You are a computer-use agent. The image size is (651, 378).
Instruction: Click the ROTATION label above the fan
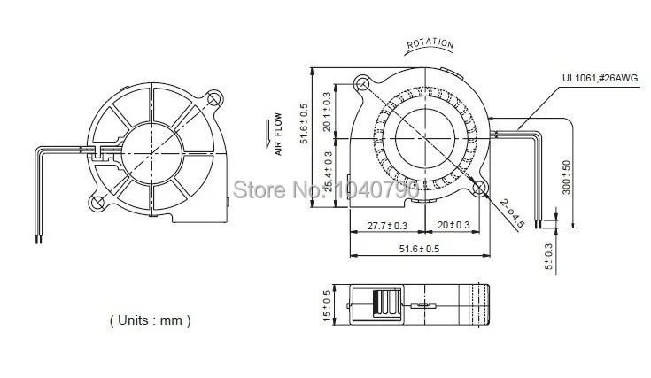(430, 43)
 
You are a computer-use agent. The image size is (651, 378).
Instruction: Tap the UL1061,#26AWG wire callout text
(600, 78)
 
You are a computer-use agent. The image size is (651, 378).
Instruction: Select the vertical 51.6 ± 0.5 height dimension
(305, 124)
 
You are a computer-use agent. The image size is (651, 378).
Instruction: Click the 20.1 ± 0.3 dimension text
(327, 112)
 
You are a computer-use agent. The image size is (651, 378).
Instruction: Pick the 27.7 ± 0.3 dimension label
(387, 226)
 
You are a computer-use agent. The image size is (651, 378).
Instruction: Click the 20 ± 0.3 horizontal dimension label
(453, 225)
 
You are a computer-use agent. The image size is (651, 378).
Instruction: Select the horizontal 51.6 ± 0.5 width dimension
(419, 249)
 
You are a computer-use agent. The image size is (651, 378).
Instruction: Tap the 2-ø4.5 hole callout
(512, 213)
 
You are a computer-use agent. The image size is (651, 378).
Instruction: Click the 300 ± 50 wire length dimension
(566, 177)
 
